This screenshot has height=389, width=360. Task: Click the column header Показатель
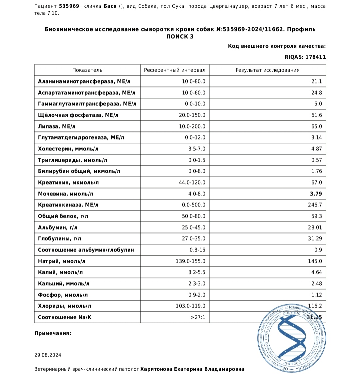tap(87, 70)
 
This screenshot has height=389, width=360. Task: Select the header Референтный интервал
tap(175, 70)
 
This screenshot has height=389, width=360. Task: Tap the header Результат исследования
tap(267, 70)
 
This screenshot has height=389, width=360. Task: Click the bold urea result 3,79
tap(316, 194)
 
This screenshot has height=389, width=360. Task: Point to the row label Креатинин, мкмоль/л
tap(68, 182)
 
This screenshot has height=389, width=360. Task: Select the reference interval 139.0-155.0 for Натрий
tap(190, 261)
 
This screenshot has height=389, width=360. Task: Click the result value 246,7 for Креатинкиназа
tap(315, 205)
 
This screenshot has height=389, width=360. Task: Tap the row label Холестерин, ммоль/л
tap(68, 149)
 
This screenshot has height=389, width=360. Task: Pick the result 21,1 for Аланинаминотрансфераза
tap(316, 81)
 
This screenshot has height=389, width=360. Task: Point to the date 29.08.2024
tap(48, 355)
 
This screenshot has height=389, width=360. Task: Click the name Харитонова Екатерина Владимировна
tap(192, 369)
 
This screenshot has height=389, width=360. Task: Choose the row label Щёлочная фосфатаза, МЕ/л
tap(78, 115)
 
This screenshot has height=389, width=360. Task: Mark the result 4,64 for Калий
tap(316, 272)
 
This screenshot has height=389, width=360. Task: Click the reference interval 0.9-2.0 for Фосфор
tap(195, 295)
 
